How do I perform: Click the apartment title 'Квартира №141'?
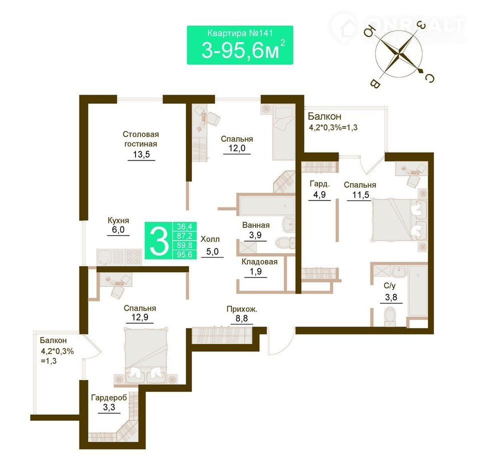pyautogui.click(x=239, y=33)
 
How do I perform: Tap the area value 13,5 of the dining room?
pyautogui.click(x=141, y=154)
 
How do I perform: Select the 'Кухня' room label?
pyautogui.click(x=118, y=220)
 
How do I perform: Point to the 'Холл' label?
pyautogui.click(x=210, y=239)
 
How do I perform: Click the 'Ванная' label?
pyautogui.click(x=255, y=225)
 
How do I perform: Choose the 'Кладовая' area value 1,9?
pyautogui.click(x=255, y=271)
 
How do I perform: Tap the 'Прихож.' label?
pyautogui.click(x=242, y=309)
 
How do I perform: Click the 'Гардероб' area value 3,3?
pyautogui.click(x=109, y=407)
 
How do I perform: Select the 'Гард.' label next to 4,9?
pyautogui.click(x=319, y=183)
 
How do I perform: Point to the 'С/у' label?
pyautogui.click(x=389, y=285)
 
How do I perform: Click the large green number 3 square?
pyautogui.click(x=159, y=240)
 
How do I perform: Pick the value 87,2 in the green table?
pyautogui.click(x=184, y=236)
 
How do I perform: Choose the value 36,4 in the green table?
pyautogui.click(x=184, y=226)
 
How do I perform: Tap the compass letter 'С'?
pyautogui.click(x=429, y=78)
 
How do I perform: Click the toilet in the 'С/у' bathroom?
pyautogui.click(x=389, y=316)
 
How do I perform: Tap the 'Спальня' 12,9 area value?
pyautogui.click(x=139, y=317)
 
